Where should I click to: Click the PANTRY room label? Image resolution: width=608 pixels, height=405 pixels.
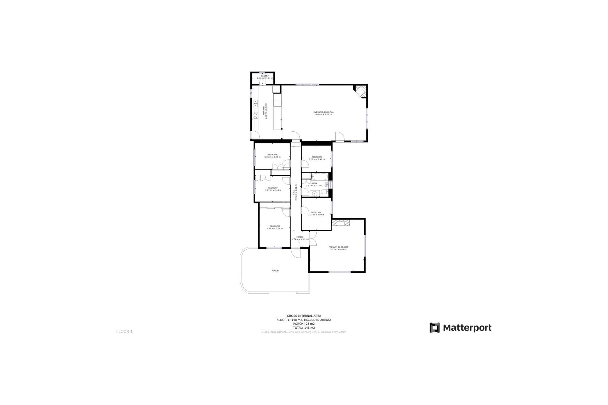click(265, 76)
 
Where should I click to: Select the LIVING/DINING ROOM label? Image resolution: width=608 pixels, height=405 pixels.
click(323, 112)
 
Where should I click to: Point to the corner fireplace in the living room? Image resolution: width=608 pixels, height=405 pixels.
click(360, 91)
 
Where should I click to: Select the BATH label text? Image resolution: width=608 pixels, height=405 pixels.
click(314, 183)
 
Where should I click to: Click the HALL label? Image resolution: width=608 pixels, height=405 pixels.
click(294, 192)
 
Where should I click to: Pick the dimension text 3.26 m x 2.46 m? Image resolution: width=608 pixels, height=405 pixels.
click(272, 157)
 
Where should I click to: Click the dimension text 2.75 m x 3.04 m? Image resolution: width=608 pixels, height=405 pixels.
click(316, 215)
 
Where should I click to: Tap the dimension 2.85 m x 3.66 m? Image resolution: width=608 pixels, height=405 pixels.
click(275, 228)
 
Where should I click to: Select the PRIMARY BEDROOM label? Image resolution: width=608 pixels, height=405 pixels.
click(338, 247)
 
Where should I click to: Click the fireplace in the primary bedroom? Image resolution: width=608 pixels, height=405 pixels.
click(341, 223)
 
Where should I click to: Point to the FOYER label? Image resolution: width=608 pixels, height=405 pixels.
click(299, 237)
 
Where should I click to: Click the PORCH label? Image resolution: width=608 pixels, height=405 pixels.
click(275, 271)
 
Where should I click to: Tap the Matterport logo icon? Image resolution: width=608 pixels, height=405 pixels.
click(435, 328)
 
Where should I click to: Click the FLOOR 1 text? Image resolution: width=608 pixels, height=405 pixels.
click(124, 332)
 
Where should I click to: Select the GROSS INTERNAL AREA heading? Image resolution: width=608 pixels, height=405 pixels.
click(304, 316)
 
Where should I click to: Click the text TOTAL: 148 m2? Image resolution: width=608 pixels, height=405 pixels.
click(304, 328)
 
